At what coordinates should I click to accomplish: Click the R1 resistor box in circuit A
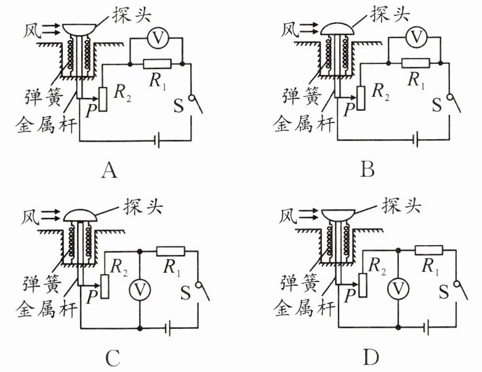pos(156,63)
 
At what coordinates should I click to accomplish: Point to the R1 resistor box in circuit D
pos(430,250)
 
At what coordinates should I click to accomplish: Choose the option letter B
pos(368,169)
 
